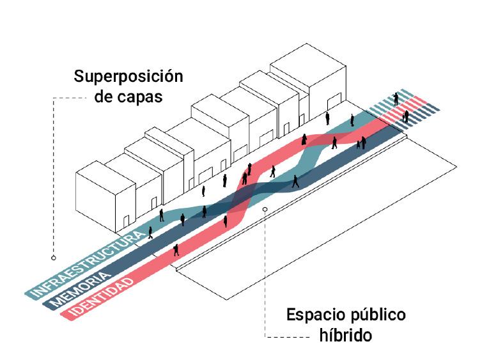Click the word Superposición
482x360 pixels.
[x=128, y=78]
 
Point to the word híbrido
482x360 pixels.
[x=345, y=334]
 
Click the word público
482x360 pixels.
[x=377, y=315]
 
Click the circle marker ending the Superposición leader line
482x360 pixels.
[x=54, y=258]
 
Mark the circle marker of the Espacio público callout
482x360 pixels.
[x=265, y=208]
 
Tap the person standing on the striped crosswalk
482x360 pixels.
[x=396, y=98]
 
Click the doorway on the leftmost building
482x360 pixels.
[x=126, y=221]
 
